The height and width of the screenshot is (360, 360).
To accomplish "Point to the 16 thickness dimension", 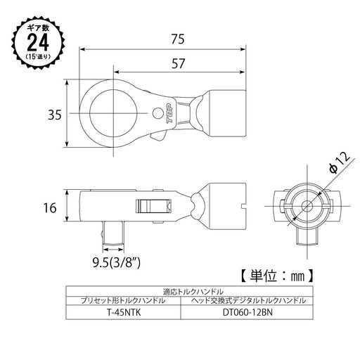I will (49, 207).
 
